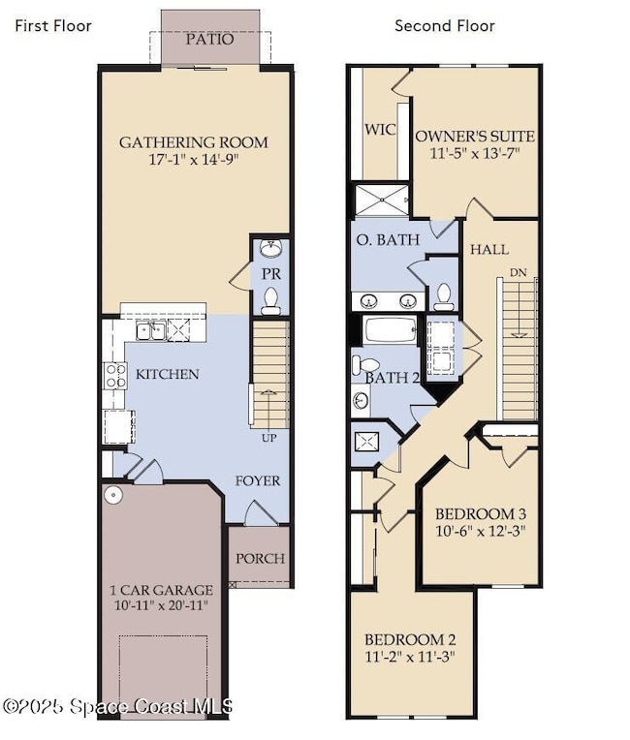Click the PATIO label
(209, 40)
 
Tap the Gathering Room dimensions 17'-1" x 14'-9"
(194, 162)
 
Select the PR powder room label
(270, 274)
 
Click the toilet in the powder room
(271, 300)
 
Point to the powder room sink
(271, 249)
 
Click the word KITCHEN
(168, 374)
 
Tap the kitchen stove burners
(115, 375)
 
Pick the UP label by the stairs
(269, 438)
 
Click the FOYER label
(258, 480)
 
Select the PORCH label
(261, 558)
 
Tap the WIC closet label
(380, 130)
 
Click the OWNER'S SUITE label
(475, 136)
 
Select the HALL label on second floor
(489, 249)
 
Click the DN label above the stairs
(520, 272)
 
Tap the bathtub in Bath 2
(391, 330)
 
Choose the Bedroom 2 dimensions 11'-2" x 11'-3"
(411, 656)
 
